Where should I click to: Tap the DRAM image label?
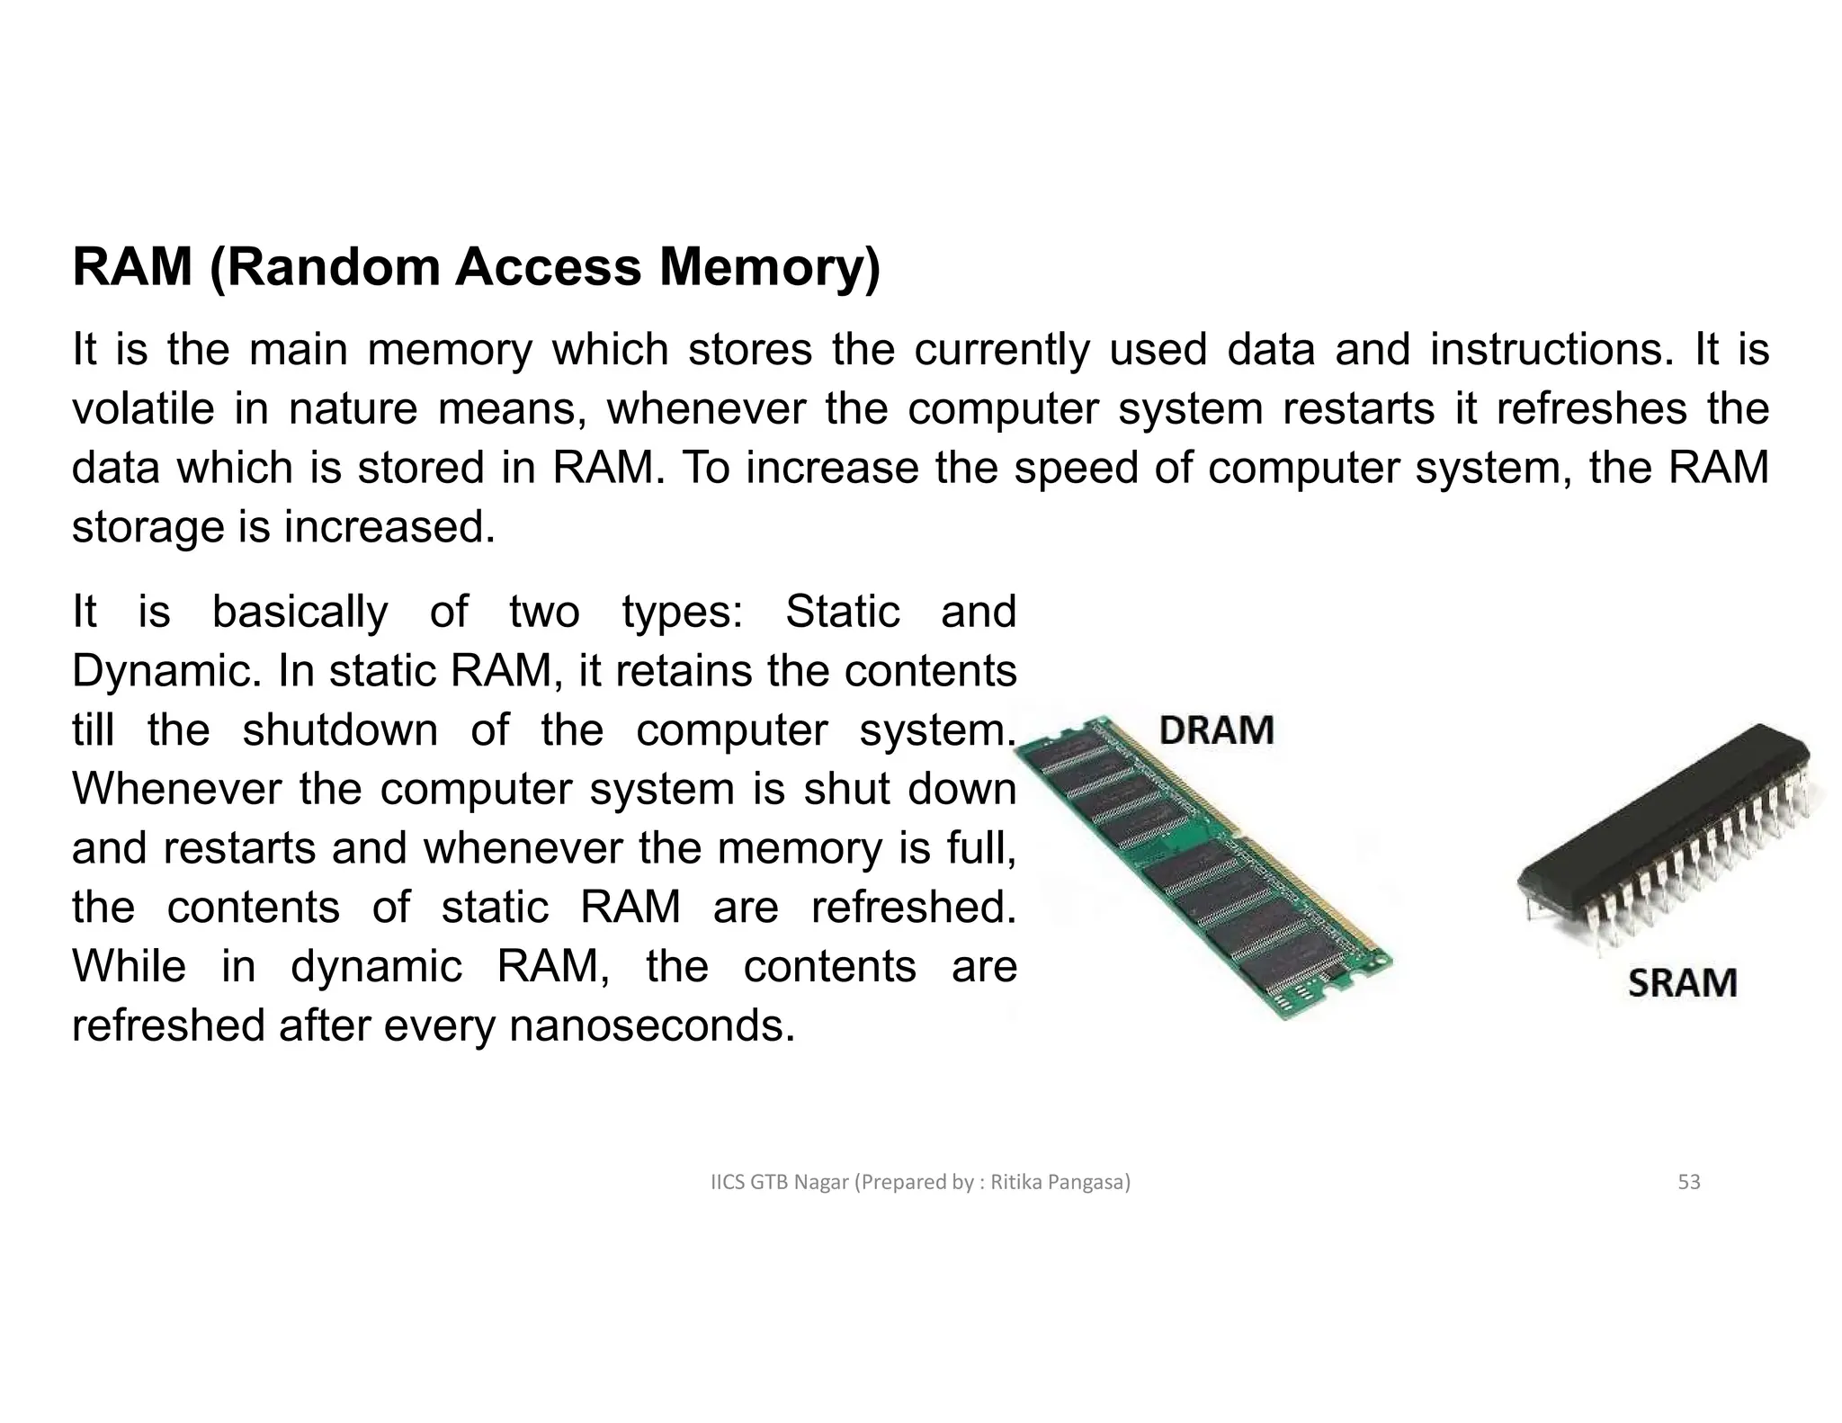(x=1216, y=729)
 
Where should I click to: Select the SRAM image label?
(x=1682, y=982)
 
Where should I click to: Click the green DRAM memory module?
(x=1205, y=864)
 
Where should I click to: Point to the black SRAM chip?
(x=1664, y=828)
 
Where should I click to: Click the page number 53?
(x=1689, y=1182)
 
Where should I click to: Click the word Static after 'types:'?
(x=842, y=612)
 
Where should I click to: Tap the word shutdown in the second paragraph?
(x=340, y=729)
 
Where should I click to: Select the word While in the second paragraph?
(x=129, y=966)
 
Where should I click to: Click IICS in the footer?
(x=728, y=1182)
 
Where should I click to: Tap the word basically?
(x=300, y=612)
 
